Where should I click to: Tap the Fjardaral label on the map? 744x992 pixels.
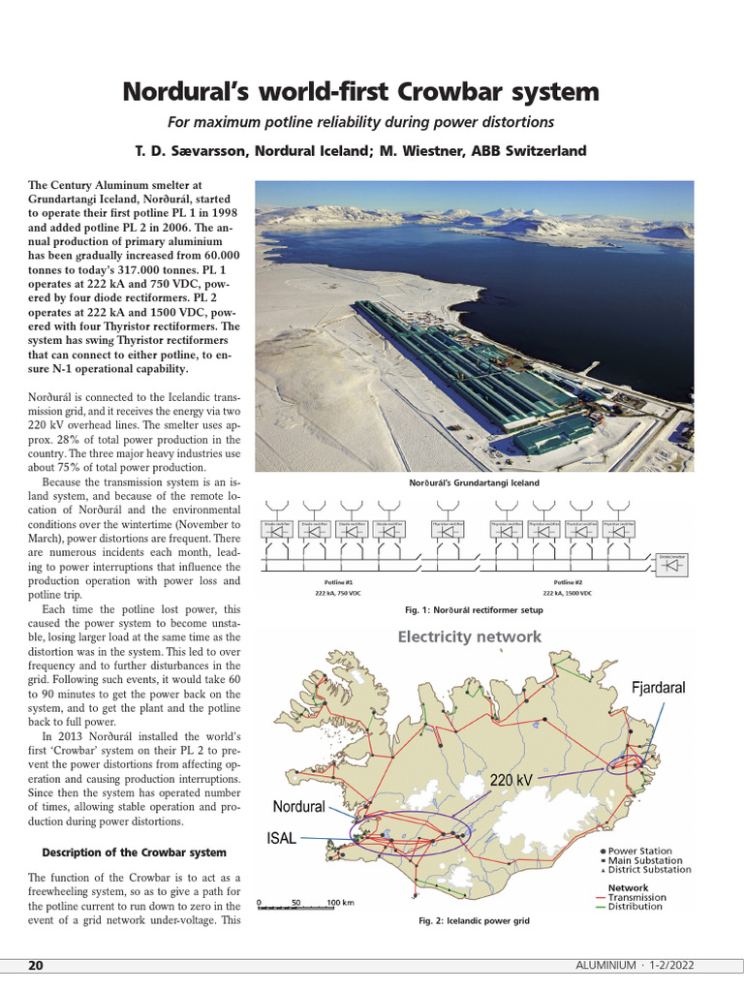(658, 688)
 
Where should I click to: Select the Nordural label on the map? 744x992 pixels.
(298, 806)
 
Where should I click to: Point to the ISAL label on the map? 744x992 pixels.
(281, 839)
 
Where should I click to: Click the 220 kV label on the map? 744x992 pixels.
(511, 780)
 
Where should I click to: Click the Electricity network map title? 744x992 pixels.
(470, 636)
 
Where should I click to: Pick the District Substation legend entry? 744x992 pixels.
(649, 870)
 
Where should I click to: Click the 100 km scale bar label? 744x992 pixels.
(340, 902)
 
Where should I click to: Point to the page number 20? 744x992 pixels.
(35, 966)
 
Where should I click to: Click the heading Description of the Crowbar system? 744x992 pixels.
(135, 852)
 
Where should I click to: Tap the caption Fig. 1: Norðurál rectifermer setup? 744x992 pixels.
(474, 610)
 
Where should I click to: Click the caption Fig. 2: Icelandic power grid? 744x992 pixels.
(467, 921)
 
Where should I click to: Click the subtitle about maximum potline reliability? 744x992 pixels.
(360, 122)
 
